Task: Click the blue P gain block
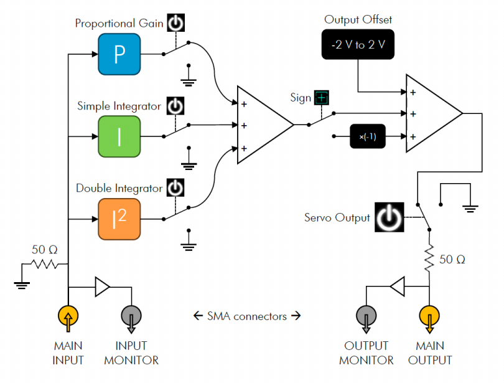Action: [x=119, y=54]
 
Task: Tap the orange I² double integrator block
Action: [x=119, y=219]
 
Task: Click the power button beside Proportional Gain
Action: [x=177, y=24]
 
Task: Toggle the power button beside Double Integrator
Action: [x=177, y=187]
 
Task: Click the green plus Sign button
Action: [x=321, y=98]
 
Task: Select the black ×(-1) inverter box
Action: [x=367, y=136]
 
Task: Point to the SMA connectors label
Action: [x=248, y=316]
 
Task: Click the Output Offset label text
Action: [x=358, y=20]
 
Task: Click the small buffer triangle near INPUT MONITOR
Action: [x=101, y=286]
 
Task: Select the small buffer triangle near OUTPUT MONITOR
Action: [x=397, y=286]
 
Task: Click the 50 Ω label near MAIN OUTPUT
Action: [x=452, y=258]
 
